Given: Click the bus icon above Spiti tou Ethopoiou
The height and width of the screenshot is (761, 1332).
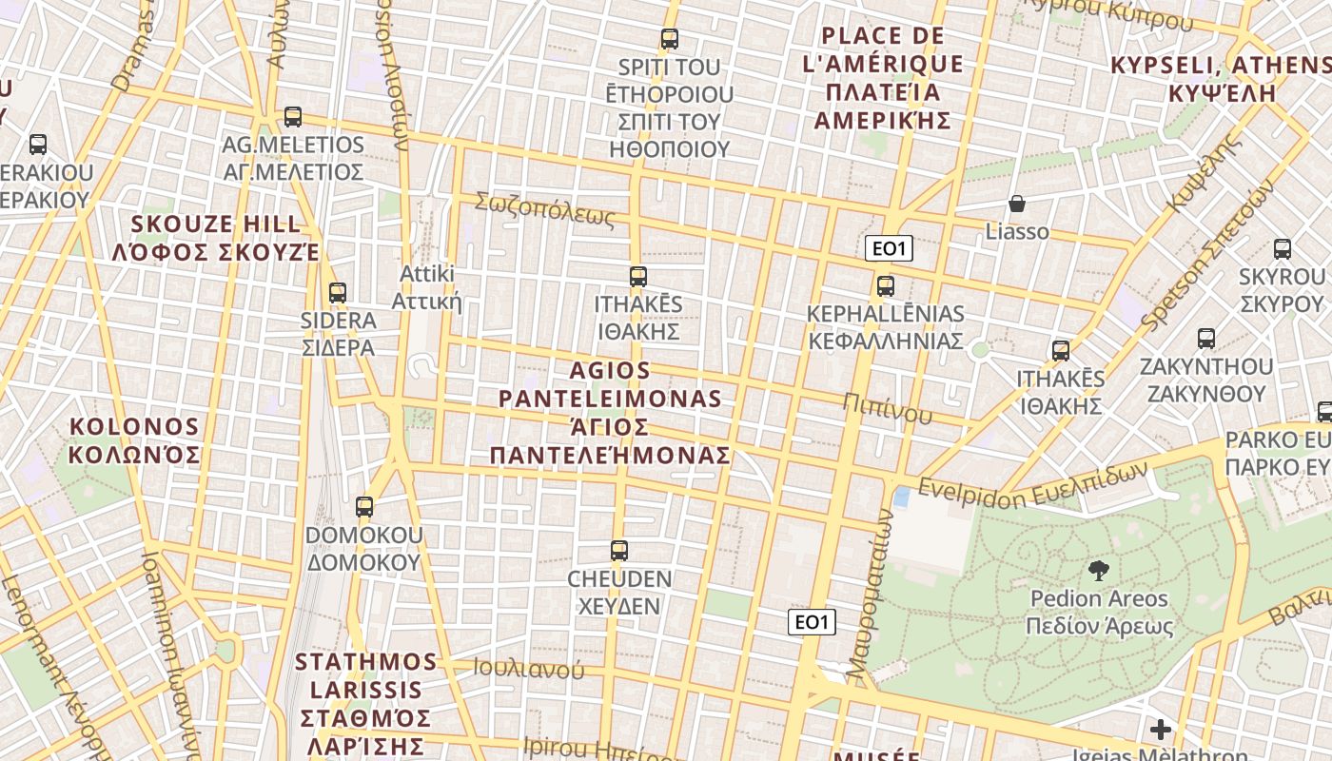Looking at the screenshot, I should pos(670,39).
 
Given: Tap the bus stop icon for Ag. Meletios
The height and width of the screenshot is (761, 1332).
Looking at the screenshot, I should pos(293,117).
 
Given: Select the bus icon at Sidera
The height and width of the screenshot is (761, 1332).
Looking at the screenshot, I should pos(337,293).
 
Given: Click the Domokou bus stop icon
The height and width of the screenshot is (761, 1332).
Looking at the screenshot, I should pos(364,507).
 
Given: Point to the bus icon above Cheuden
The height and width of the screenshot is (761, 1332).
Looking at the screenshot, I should pos(619,551).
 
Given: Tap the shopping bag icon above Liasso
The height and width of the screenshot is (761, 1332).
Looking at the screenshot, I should pos(1017,204).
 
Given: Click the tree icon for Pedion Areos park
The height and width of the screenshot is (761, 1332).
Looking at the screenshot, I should pos(1099,571).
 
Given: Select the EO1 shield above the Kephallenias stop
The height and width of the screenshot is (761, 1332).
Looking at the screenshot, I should pos(889,249).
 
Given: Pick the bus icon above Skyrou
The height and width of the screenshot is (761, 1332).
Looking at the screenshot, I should pos(1283,249).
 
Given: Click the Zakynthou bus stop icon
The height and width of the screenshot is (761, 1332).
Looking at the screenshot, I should pos(1206,339).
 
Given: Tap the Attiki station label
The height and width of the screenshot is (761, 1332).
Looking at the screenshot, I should pos(427,287).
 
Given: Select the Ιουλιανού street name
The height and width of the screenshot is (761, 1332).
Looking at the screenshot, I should pos(529,669).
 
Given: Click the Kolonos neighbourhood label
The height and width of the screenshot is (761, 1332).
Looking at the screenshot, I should pos(135,439).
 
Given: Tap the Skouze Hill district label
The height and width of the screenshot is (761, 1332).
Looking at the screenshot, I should pos(215,239).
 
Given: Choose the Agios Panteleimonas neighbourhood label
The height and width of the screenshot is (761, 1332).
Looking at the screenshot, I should pos(610,412).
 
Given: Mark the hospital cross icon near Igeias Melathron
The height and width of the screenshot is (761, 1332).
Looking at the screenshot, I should pos(1161,730).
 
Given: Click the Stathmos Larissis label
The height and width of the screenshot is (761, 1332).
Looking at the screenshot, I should pos(366,702).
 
